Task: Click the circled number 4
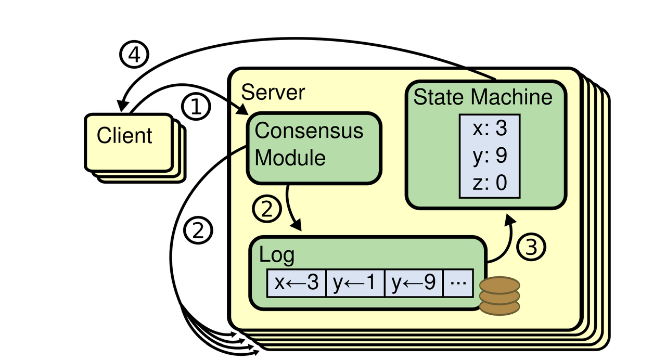click(x=134, y=55)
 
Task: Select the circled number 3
click(x=532, y=247)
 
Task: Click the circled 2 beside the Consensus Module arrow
click(x=266, y=209)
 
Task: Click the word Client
click(x=124, y=135)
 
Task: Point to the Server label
click(x=273, y=92)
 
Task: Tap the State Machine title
click(x=482, y=97)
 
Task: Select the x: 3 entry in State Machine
click(x=489, y=128)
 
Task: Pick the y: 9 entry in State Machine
click(x=489, y=156)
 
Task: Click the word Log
click(x=276, y=255)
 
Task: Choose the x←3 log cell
click(x=296, y=284)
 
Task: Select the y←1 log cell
click(x=355, y=284)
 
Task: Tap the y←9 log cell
click(x=414, y=284)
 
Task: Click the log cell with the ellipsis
click(x=458, y=284)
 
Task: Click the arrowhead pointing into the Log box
click(x=297, y=227)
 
